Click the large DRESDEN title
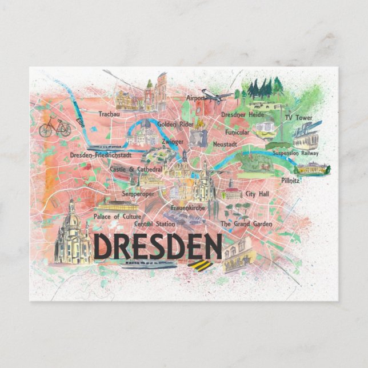pyautogui.click(x=158, y=246)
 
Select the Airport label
pyautogui.click(x=195, y=98)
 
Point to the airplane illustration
pyautogui.click(x=217, y=95)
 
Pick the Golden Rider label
pyautogui.click(x=174, y=124)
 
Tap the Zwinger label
pyautogui.click(x=173, y=141)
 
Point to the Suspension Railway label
pyautogui.click(x=295, y=153)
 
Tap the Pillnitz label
pyautogui.click(x=290, y=180)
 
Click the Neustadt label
pyautogui.click(x=225, y=145)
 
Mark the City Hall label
pyautogui.click(x=257, y=194)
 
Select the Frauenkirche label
pyautogui.click(x=188, y=209)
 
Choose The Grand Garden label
pyautogui.click(x=247, y=224)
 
